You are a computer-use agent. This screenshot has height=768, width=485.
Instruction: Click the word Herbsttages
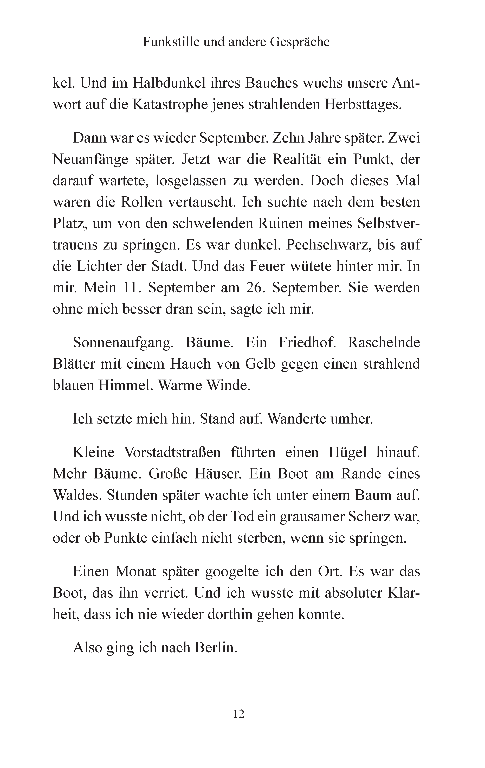point(363,105)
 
